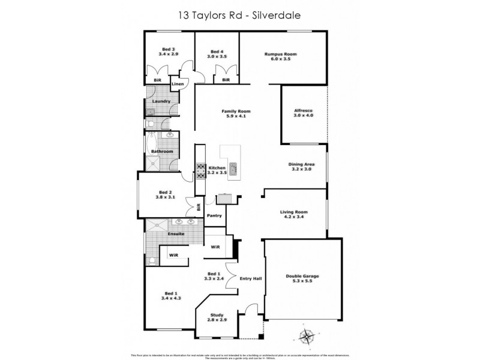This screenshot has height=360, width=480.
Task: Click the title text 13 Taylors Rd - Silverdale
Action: tap(239, 14)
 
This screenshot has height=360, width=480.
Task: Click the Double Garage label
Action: tap(301, 277)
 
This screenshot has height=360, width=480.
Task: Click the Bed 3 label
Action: tap(169, 49)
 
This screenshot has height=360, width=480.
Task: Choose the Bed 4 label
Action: tap(217, 50)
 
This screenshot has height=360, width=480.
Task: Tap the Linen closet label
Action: tap(178, 84)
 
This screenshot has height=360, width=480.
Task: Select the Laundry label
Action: tap(161, 101)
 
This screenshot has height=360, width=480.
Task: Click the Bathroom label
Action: tap(162, 151)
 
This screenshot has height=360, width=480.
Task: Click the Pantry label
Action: tap(214, 215)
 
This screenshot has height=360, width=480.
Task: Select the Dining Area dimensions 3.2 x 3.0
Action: tap(302, 170)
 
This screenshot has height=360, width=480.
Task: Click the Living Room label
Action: tap(294, 212)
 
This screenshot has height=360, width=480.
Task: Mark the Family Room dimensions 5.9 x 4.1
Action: tap(236, 116)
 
